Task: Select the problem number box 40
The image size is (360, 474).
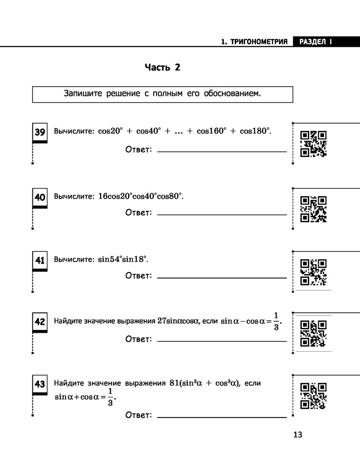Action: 39,197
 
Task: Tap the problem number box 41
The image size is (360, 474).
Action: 39,260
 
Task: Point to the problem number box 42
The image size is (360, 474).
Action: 39,322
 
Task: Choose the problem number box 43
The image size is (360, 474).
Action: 39,384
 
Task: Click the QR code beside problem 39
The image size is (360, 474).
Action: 314,143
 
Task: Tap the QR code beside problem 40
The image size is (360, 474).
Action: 314,209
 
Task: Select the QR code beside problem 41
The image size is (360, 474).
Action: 314,272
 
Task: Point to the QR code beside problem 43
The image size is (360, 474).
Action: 314,395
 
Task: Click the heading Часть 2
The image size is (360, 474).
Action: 162,67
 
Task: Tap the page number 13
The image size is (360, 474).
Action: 297,435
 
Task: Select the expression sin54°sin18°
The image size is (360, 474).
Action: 123,259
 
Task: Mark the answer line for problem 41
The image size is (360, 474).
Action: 222,278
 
